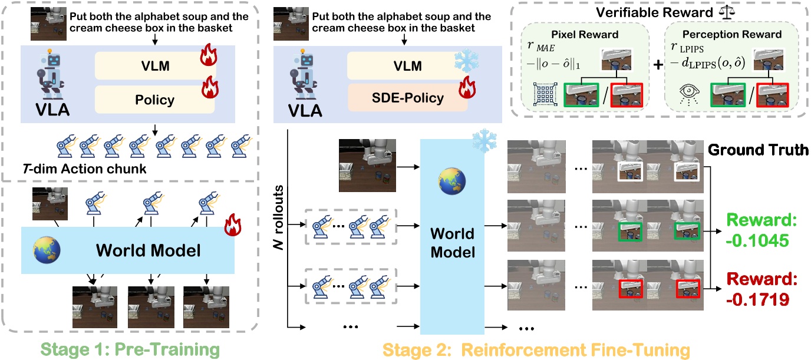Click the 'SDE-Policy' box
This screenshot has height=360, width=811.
pos(407,97)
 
